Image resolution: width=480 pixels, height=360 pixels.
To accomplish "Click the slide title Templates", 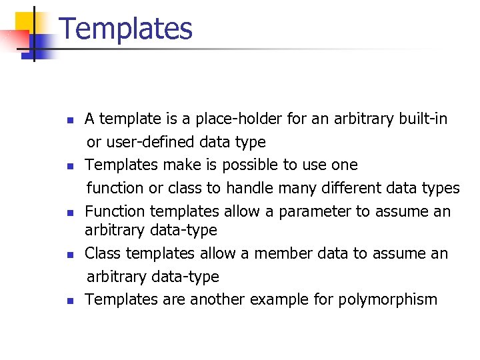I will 126,29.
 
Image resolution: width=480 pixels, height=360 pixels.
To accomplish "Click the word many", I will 305,188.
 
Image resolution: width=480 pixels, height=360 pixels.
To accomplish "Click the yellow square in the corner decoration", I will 24,21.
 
